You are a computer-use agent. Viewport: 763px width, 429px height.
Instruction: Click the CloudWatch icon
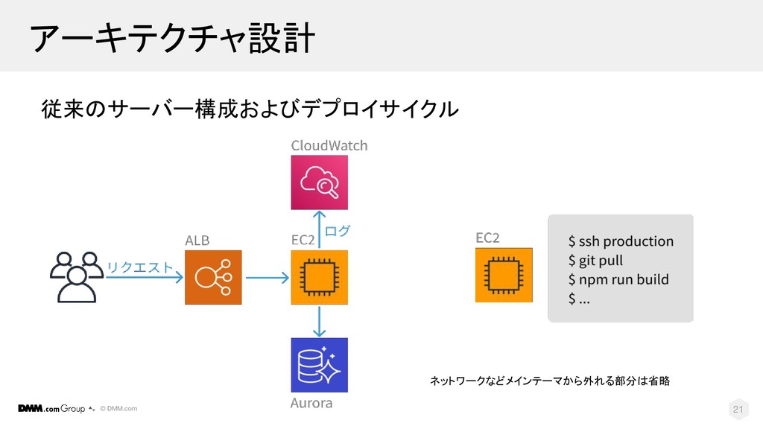(319, 182)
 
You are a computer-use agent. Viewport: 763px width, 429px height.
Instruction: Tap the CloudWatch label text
(329, 144)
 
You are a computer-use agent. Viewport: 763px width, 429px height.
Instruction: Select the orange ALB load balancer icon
(214, 276)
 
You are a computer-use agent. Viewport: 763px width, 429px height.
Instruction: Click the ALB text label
(197, 240)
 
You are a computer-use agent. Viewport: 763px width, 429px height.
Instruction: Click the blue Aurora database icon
(319, 365)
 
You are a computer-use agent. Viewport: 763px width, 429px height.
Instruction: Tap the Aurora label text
(311, 404)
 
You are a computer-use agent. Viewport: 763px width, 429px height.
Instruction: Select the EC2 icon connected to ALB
(319, 276)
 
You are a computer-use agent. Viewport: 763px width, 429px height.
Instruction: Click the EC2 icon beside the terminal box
(504, 275)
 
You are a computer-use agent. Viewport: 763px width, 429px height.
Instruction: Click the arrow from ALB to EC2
(266, 279)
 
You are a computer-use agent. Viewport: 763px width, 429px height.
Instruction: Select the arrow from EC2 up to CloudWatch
(319, 229)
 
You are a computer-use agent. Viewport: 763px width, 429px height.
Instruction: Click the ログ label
(338, 231)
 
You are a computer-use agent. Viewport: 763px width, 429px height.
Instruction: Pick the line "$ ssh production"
(620, 241)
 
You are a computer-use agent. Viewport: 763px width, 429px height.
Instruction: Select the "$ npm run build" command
(618, 280)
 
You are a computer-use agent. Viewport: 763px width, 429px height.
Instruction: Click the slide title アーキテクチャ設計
(171, 37)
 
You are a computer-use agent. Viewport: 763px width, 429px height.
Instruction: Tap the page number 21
(738, 409)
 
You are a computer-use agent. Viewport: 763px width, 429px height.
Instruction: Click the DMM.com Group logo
(51, 408)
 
